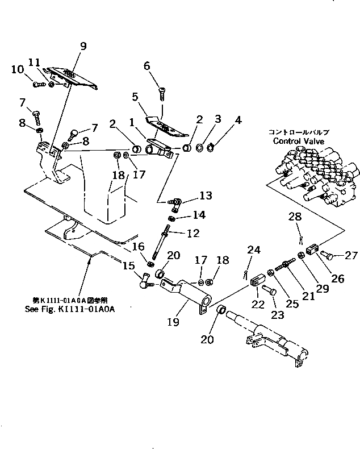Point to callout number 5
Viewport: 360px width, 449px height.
pos(135,97)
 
